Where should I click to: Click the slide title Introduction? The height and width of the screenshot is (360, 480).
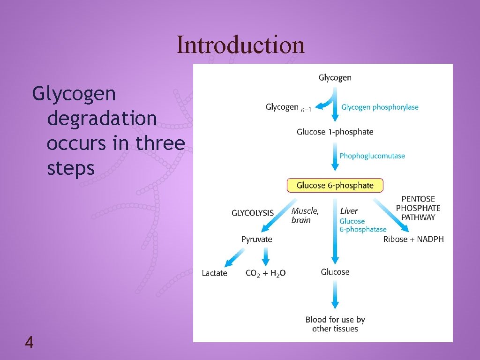pyautogui.click(x=240, y=45)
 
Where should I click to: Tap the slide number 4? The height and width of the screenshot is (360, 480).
pyautogui.click(x=29, y=344)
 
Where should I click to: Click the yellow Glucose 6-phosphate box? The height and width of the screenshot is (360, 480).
pyautogui.click(x=335, y=185)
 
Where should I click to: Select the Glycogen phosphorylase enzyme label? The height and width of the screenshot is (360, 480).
pyautogui.click(x=380, y=107)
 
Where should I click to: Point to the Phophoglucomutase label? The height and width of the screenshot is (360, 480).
pyautogui.click(x=372, y=156)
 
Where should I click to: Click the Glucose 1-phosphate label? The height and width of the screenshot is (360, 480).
pyautogui.click(x=335, y=132)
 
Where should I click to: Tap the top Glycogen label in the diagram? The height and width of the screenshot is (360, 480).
pyautogui.click(x=335, y=78)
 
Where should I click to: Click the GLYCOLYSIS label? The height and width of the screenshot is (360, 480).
pyautogui.click(x=253, y=213)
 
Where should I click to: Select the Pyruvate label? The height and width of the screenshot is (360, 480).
pyautogui.click(x=256, y=239)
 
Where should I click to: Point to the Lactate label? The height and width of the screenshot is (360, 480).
pyautogui.click(x=214, y=273)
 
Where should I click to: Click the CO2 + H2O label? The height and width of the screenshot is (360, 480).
pyautogui.click(x=266, y=273)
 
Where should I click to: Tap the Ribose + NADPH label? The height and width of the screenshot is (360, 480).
pyautogui.click(x=413, y=239)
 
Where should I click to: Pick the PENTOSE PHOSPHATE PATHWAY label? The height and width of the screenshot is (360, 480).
pyautogui.click(x=418, y=208)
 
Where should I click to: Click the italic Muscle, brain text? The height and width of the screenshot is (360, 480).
pyautogui.click(x=305, y=216)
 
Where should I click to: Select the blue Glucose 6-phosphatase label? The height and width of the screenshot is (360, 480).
pyautogui.click(x=363, y=225)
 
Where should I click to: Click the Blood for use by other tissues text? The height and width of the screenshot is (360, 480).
pyautogui.click(x=335, y=324)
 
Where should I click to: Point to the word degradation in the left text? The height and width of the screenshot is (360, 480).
pyautogui.click(x=102, y=118)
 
